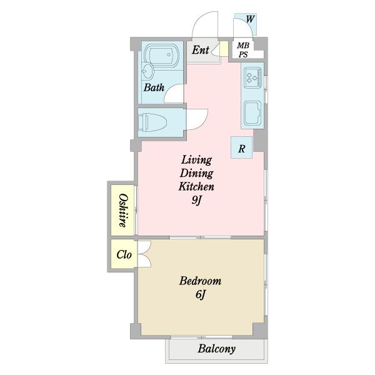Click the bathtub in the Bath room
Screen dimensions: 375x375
point(162,54)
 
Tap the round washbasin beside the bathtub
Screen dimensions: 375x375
point(147,71)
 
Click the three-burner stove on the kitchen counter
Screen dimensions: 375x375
point(252,77)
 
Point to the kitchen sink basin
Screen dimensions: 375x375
point(252,113)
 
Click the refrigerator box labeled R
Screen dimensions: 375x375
point(241,147)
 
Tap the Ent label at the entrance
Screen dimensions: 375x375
point(201,50)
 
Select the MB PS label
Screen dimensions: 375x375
point(243,50)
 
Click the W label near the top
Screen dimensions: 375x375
point(250,19)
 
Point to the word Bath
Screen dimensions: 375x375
point(154,87)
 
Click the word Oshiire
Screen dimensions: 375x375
point(123,211)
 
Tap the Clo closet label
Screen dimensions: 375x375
point(124,254)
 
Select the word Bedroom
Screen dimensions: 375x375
point(200,281)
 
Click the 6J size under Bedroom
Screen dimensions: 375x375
point(201,294)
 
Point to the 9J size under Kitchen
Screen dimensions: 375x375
point(196,200)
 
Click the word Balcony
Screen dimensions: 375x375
point(216,349)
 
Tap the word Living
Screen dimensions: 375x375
point(197,160)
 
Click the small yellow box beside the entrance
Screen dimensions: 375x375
point(224,49)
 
